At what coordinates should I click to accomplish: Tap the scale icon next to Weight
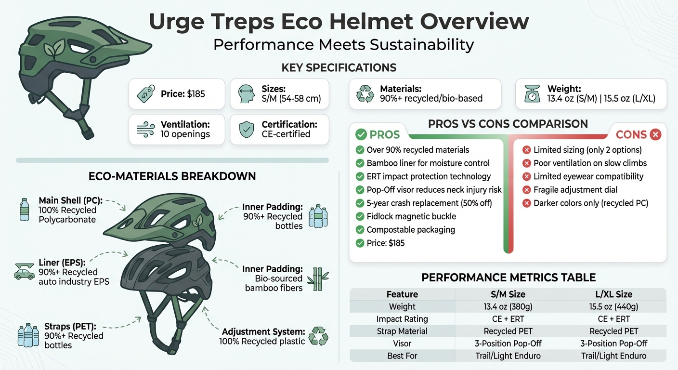[533, 93]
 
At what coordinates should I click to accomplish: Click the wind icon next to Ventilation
[146, 129]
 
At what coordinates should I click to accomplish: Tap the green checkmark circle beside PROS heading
[361, 135]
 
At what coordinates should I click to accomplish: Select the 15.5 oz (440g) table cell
[613, 306]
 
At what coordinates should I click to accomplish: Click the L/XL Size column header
[613, 294]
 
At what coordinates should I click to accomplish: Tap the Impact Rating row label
[402, 319]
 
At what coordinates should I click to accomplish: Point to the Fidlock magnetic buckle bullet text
[411, 216]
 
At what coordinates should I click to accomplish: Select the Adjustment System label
[263, 332]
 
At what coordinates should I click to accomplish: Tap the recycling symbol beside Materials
[365, 93]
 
